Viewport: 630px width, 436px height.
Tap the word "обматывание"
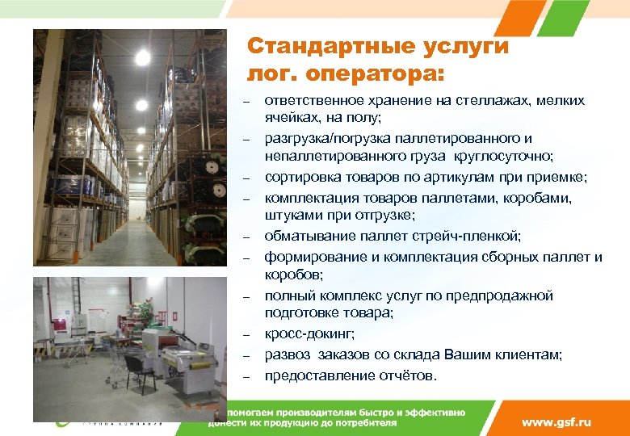[304, 236]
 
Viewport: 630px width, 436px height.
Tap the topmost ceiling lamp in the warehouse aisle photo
[143, 57]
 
